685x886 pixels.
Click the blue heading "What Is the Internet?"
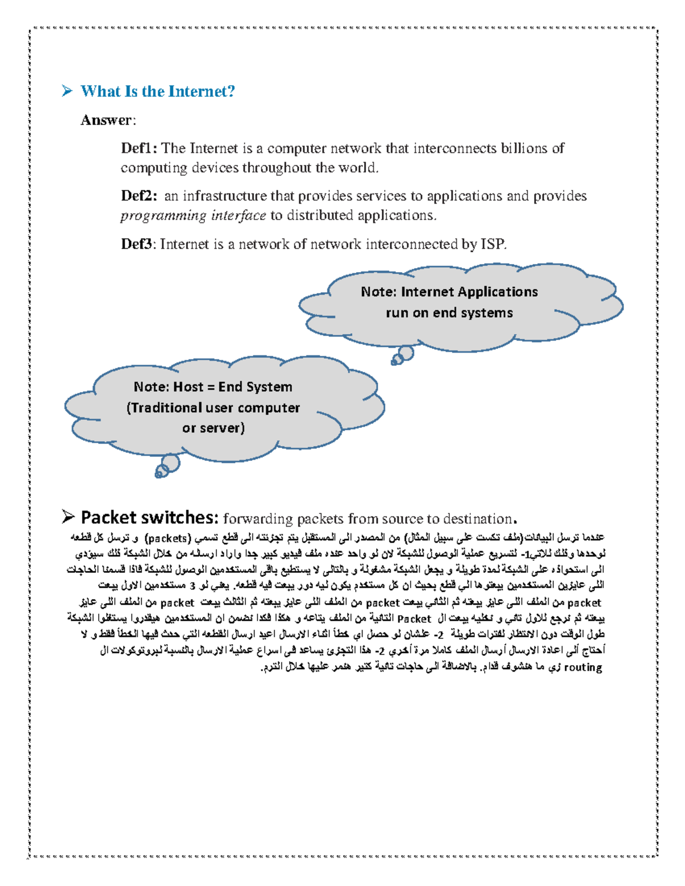pyautogui.click(x=158, y=91)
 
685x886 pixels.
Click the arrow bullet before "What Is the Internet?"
pyautogui.click(x=67, y=91)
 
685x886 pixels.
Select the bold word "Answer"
pyautogui.click(x=106, y=120)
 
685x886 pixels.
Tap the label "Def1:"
pyautogui.click(x=139, y=149)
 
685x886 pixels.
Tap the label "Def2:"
pyautogui.click(x=139, y=196)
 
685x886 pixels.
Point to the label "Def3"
pyautogui.click(x=136, y=245)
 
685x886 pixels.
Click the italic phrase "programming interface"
pyautogui.click(x=193, y=216)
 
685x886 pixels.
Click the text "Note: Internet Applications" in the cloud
pyautogui.click(x=449, y=292)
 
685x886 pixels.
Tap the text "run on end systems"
pyautogui.click(x=449, y=313)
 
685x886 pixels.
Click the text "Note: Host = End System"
pyautogui.click(x=213, y=387)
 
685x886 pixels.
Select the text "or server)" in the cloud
pyautogui.click(x=213, y=428)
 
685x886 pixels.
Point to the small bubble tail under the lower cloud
pyautogui.click(x=167, y=465)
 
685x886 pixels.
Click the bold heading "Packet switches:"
pyautogui.click(x=150, y=517)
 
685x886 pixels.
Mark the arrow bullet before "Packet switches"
pyautogui.click(x=68, y=517)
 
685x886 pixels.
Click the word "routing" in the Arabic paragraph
pyautogui.click(x=583, y=667)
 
